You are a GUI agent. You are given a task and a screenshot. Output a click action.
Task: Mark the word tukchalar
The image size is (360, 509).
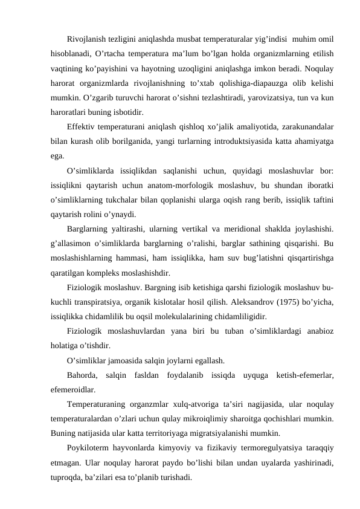[144, 198]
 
